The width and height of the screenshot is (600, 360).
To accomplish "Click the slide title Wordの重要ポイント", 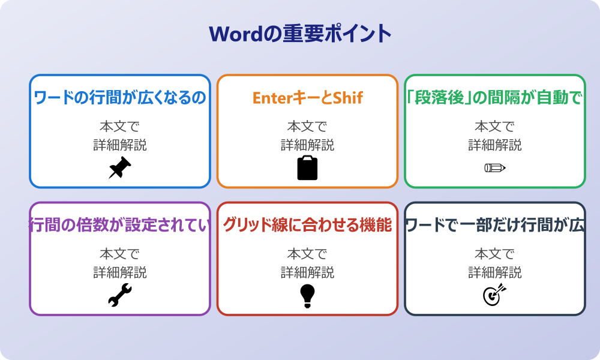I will click(x=300, y=34).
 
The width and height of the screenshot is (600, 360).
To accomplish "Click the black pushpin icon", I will click(x=120, y=167).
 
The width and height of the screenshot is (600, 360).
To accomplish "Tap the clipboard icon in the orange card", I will click(x=307, y=167).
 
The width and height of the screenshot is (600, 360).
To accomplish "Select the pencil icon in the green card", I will click(x=495, y=167).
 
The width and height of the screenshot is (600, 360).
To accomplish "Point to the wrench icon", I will click(x=120, y=295).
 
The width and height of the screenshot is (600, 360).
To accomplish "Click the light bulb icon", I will click(x=307, y=295).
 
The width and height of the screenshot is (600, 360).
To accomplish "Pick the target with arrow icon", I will click(x=495, y=295).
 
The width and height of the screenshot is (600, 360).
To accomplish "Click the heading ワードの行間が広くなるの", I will click(x=120, y=98).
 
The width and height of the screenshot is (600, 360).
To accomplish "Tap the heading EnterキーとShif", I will click(x=307, y=98).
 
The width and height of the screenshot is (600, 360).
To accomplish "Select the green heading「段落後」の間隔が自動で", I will click(x=495, y=98).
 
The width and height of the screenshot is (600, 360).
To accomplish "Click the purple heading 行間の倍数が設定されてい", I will click(x=120, y=225).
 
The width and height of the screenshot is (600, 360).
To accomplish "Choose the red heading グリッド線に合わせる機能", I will click(x=307, y=225).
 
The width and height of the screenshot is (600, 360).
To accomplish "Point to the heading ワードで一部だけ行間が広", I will click(x=495, y=225).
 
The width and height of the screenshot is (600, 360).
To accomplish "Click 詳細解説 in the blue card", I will click(x=120, y=145).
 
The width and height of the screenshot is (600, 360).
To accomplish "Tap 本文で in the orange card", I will click(x=307, y=127).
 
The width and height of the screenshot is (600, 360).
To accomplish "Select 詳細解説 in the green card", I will click(x=495, y=145).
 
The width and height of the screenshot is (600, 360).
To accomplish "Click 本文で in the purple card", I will click(x=120, y=254).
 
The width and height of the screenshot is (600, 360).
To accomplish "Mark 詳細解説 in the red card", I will click(x=307, y=272).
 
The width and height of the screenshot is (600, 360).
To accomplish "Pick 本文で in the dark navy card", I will click(x=495, y=254).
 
